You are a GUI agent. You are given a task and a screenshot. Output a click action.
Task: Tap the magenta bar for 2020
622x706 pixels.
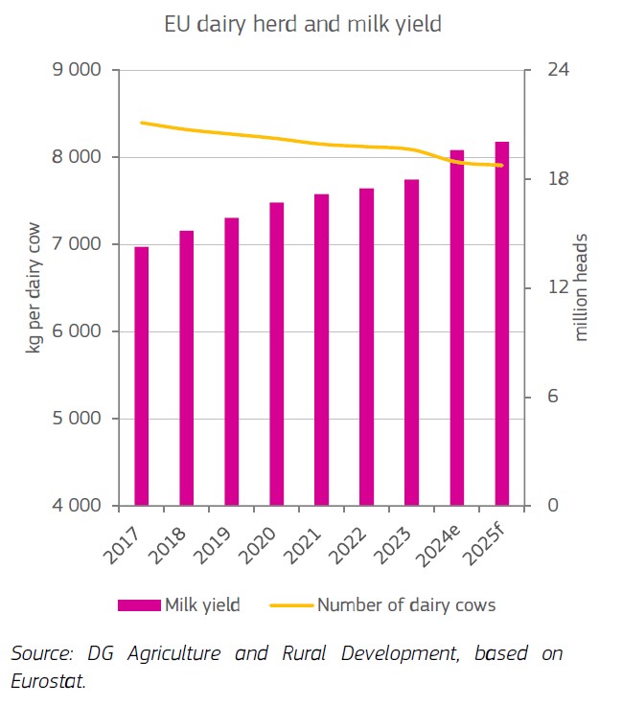[x=276, y=353]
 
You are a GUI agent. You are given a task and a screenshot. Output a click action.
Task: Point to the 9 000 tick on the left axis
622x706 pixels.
[x=84, y=70]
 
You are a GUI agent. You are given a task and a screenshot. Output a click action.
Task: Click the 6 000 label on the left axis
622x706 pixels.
[x=84, y=331]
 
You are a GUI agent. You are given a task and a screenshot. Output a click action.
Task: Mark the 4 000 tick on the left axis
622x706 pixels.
[x=84, y=506]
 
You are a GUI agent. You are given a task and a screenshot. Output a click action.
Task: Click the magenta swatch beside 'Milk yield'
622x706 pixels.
[x=138, y=604]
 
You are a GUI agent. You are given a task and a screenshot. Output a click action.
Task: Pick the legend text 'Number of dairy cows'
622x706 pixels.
[x=406, y=604]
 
